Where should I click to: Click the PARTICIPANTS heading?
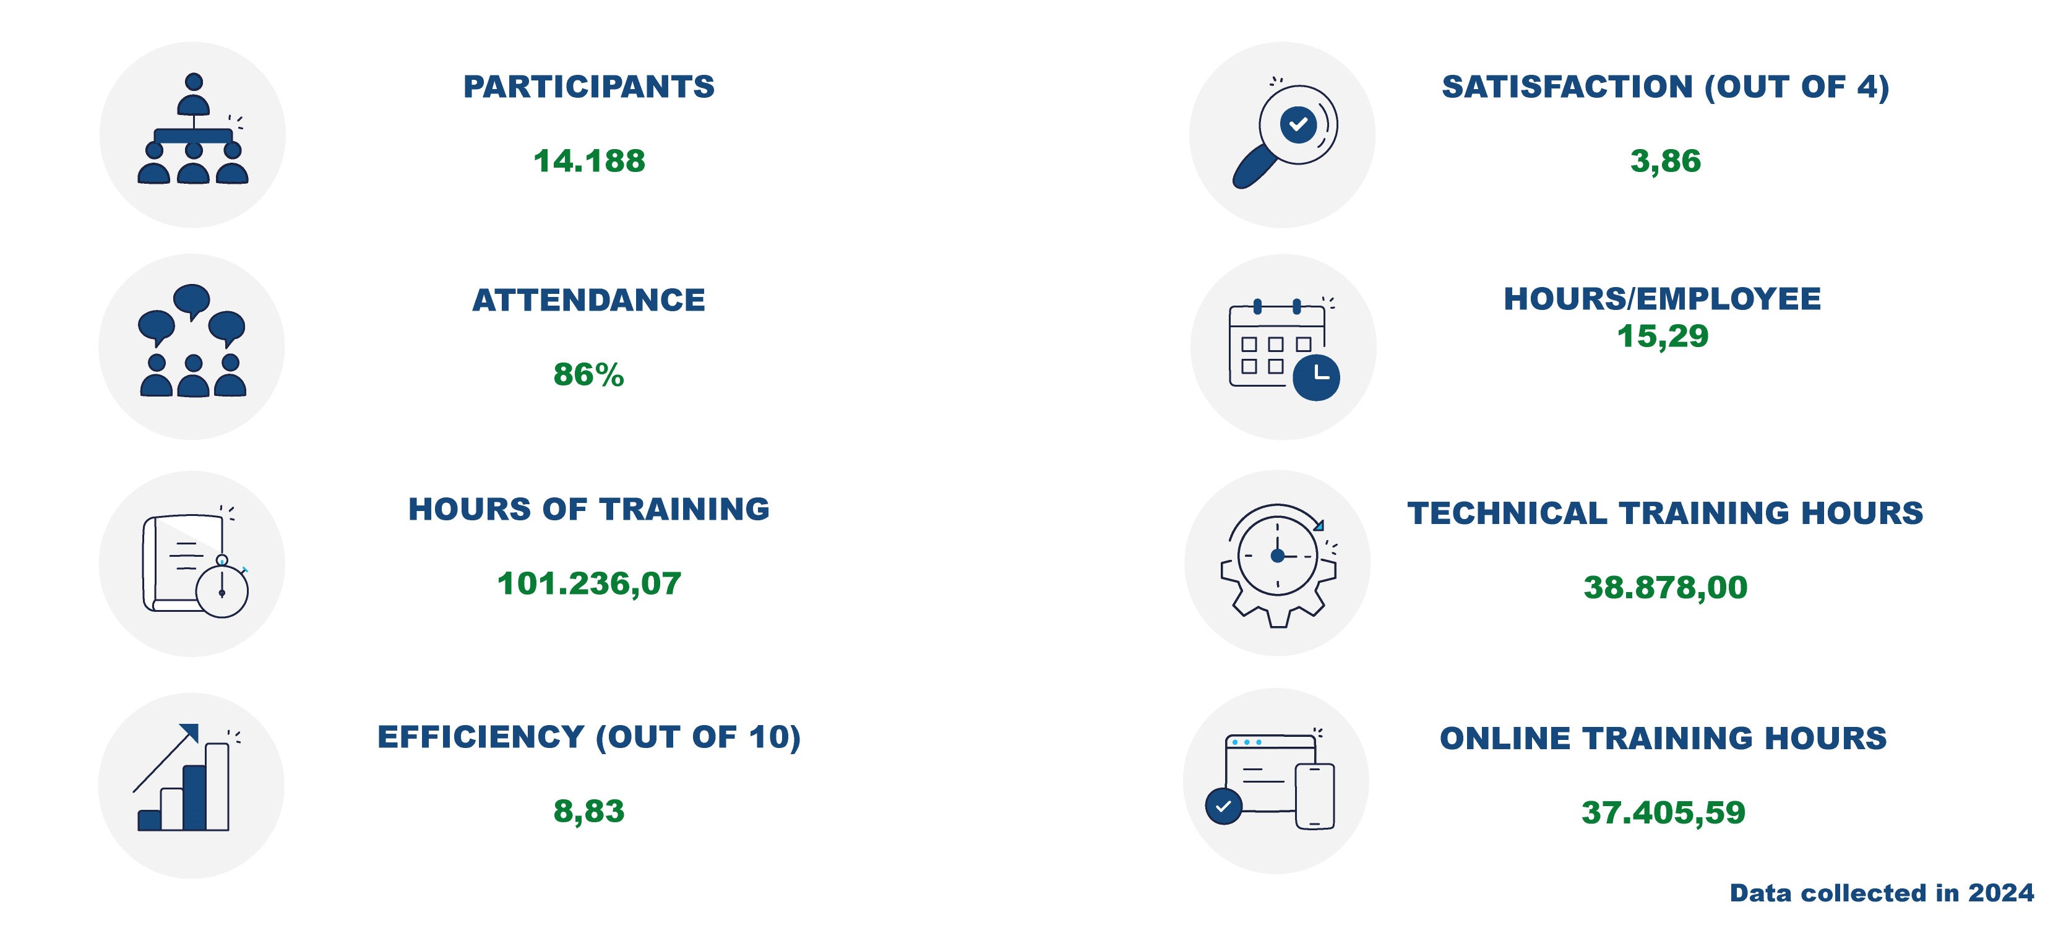click(588, 87)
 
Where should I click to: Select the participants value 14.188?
click(588, 160)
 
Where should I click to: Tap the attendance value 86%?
click(588, 374)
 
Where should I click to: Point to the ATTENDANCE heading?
click(588, 300)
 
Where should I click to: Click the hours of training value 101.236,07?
click(588, 584)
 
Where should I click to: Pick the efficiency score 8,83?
click(588, 812)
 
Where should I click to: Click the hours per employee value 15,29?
click(1663, 336)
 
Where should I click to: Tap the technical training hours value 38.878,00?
click(1665, 588)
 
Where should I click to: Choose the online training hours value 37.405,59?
click(1663, 812)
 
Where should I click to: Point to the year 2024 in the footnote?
click(2001, 893)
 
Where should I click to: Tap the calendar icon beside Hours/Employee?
click(1283, 349)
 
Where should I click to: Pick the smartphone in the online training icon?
click(1315, 796)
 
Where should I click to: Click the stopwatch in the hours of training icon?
click(222, 588)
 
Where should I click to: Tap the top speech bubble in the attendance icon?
click(192, 301)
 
